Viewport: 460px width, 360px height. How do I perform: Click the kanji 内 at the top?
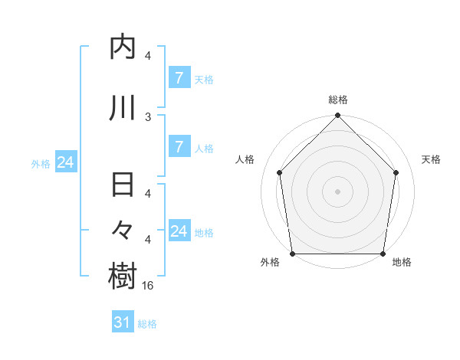(123, 48)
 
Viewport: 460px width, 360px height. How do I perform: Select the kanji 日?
(123, 186)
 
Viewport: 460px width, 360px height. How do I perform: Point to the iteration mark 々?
(123, 231)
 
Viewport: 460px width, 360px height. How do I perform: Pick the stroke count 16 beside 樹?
(149, 285)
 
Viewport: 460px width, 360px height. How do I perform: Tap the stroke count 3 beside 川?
(148, 116)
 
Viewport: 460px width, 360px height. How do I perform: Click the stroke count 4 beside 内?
(148, 56)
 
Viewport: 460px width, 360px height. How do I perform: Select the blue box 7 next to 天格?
(179, 78)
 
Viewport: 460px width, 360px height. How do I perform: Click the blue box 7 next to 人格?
(179, 147)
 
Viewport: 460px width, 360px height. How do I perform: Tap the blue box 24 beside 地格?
(179, 231)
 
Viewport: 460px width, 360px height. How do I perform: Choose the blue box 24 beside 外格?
(65, 162)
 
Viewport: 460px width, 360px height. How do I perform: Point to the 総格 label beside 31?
(147, 324)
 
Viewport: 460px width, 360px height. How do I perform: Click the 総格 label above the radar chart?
(338, 100)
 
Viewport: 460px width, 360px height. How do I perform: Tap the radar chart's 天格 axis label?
(432, 159)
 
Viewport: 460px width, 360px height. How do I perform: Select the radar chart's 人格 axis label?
(245, 159)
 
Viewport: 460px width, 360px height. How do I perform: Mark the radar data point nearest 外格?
(292, 254)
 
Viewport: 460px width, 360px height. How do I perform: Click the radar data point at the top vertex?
(338, 116)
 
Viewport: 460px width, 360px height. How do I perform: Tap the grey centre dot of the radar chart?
(338, 191)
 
